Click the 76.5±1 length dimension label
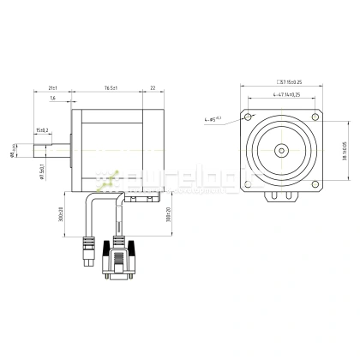point(111,87)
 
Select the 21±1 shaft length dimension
point(52,87)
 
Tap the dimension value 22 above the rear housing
point(152,87)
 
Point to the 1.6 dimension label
point(53,99)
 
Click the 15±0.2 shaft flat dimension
point(42,130)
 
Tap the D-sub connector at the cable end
point(118,264)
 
